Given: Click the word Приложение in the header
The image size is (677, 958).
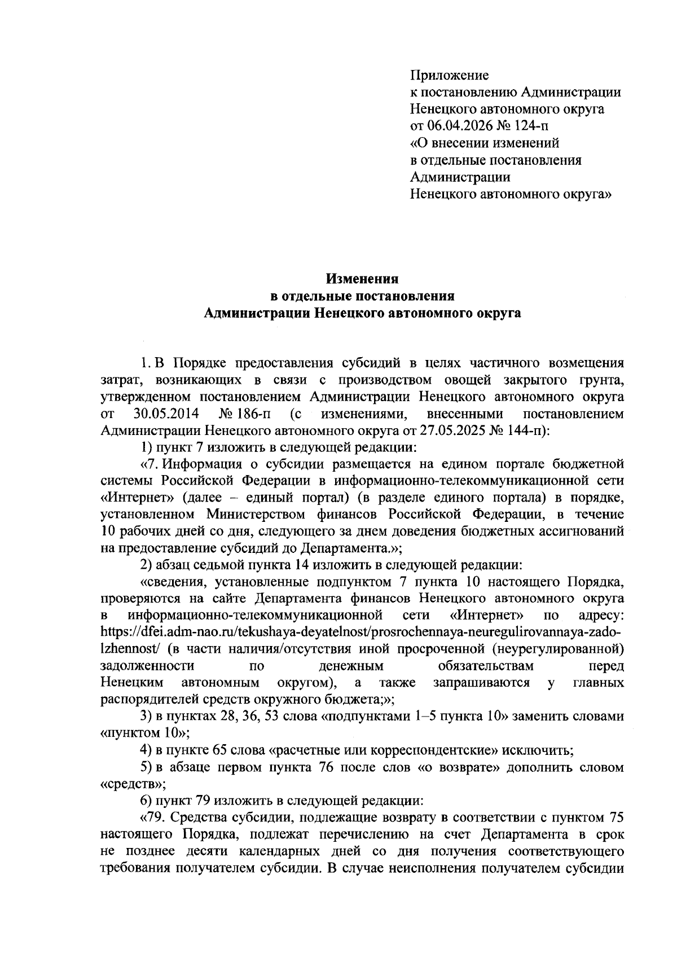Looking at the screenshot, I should (x=450, y=75).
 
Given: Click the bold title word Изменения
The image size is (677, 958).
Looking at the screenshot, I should (x=363, y=279).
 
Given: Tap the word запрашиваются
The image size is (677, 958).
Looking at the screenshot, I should (x=481, y=683).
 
